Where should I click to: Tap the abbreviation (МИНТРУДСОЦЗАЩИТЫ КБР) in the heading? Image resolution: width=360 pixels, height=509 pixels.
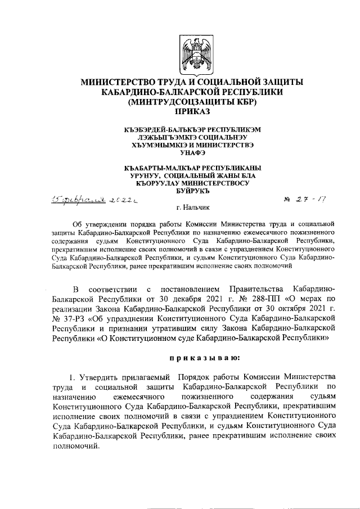click(x=192, y=102)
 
